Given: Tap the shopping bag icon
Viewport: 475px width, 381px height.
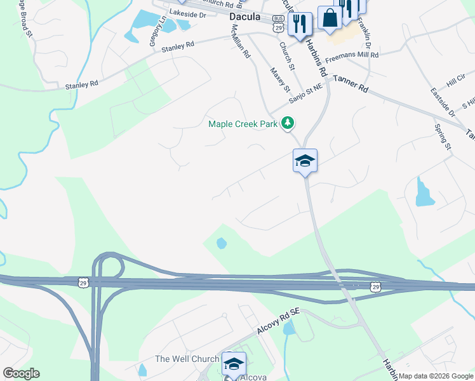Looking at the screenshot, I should pyautogui.click(x=330, y=19).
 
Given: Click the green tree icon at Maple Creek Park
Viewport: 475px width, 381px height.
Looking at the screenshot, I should pyautogui.click(x=288, y=123).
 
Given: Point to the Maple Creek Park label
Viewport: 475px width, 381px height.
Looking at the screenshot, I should pyautogui.click(x=243, y=124).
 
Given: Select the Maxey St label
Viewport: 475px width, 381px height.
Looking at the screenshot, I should pyautogui.click(x=279, y=79).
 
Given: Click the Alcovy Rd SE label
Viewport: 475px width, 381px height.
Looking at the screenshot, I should pyautogui.click(x=278, y=323).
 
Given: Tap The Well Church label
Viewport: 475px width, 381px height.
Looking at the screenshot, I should pyautogui.click(x=187, y=359).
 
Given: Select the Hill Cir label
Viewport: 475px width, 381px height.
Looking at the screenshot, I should pyautogui.click(x=456, y=79).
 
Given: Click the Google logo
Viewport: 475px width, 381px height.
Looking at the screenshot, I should pyautogui.click(x=21, y=373).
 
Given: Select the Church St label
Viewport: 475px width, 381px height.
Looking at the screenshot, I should pyautogui.click(x=288, y=56).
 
